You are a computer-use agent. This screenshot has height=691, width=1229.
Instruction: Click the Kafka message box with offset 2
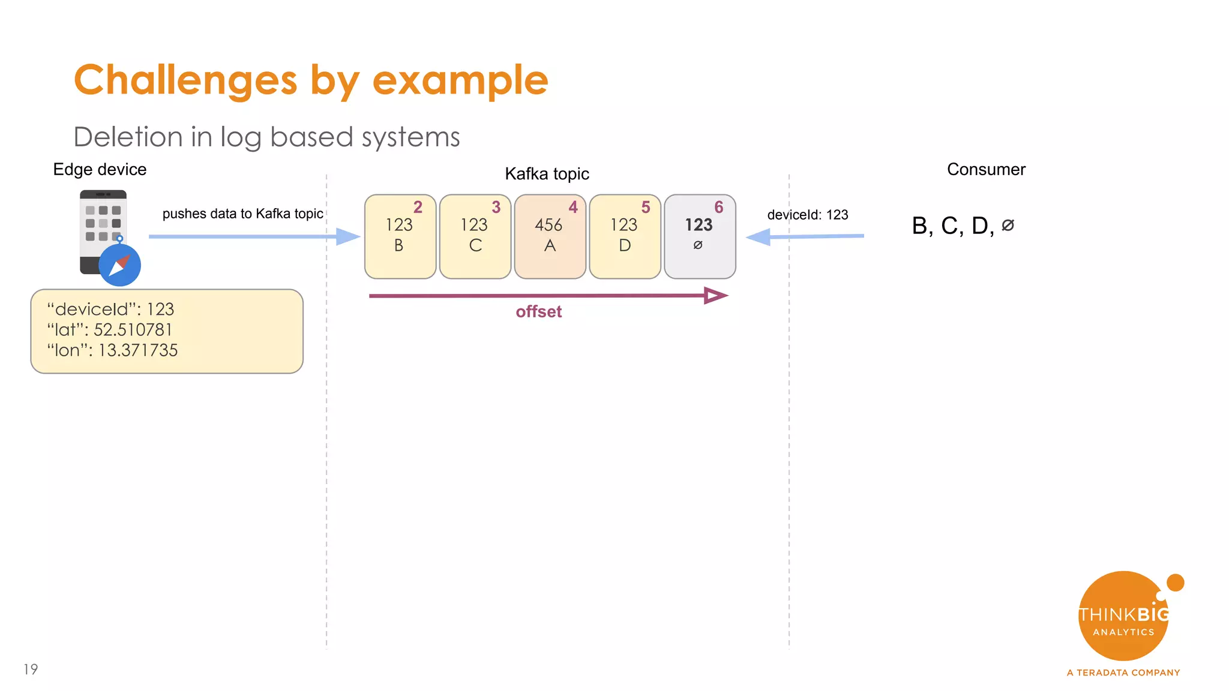(x=400, y=236)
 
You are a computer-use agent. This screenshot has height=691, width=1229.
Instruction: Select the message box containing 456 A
(x=550, y=236)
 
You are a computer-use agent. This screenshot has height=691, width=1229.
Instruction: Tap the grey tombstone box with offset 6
(x=700, y=236)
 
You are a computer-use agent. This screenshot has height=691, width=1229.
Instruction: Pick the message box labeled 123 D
(x=625, y=236)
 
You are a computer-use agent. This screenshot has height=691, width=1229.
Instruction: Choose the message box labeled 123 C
(x=475, y=236)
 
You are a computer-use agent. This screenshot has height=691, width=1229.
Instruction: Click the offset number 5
(x=646, y=207)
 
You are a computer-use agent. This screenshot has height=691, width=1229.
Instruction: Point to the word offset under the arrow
(x=538, y=311)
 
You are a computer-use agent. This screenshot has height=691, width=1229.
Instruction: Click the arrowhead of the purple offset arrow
(x=715, y=295)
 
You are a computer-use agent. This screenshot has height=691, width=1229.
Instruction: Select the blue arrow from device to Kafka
(x=252, y=236)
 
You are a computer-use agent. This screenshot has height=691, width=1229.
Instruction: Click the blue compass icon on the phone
(x=119, y=265)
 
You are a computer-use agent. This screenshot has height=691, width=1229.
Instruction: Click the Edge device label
(x=100, y=169)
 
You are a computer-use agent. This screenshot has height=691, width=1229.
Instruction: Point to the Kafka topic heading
(x=547, y=173)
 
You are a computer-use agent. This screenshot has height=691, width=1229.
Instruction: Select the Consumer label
(x=986, y=169)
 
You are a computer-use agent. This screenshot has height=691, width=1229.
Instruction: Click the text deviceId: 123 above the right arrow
(x=807, y=215)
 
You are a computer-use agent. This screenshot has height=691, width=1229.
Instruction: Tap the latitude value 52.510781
(x=133, y=329)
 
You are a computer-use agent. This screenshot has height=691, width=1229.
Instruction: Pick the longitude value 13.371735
(x=138, y=350)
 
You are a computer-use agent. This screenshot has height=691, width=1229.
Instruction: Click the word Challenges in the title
(x=185, y=80)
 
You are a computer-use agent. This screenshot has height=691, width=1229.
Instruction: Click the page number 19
(x=31, y=669)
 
